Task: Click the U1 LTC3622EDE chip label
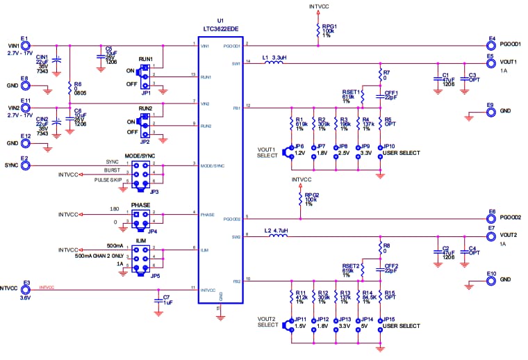click(220, 28)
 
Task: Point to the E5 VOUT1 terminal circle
click(490, 62)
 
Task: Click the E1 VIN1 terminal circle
click(25, 45)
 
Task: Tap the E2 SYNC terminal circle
click(25, 166)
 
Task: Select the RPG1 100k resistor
click(315, 31)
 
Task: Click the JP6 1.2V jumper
click(291, 152)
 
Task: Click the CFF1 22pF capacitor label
click(390, 95)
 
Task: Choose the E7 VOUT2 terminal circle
click(490, 236)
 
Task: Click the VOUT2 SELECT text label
click(268, 322)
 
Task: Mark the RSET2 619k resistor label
click(350, 268)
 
